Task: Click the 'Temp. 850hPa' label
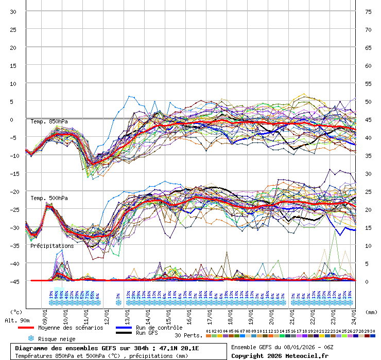click(49, 121)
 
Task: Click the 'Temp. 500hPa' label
click(49, 198)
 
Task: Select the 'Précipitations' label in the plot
click(51, 246)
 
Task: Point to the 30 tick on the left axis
click(13, 12)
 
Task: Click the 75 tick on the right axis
click(368, 12)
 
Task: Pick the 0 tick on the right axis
click(367, 281)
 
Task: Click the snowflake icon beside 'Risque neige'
click(31, 339)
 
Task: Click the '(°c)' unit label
click(16, 312)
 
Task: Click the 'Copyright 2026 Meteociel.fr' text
click(280, 355)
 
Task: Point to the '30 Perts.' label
click(188, 335)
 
